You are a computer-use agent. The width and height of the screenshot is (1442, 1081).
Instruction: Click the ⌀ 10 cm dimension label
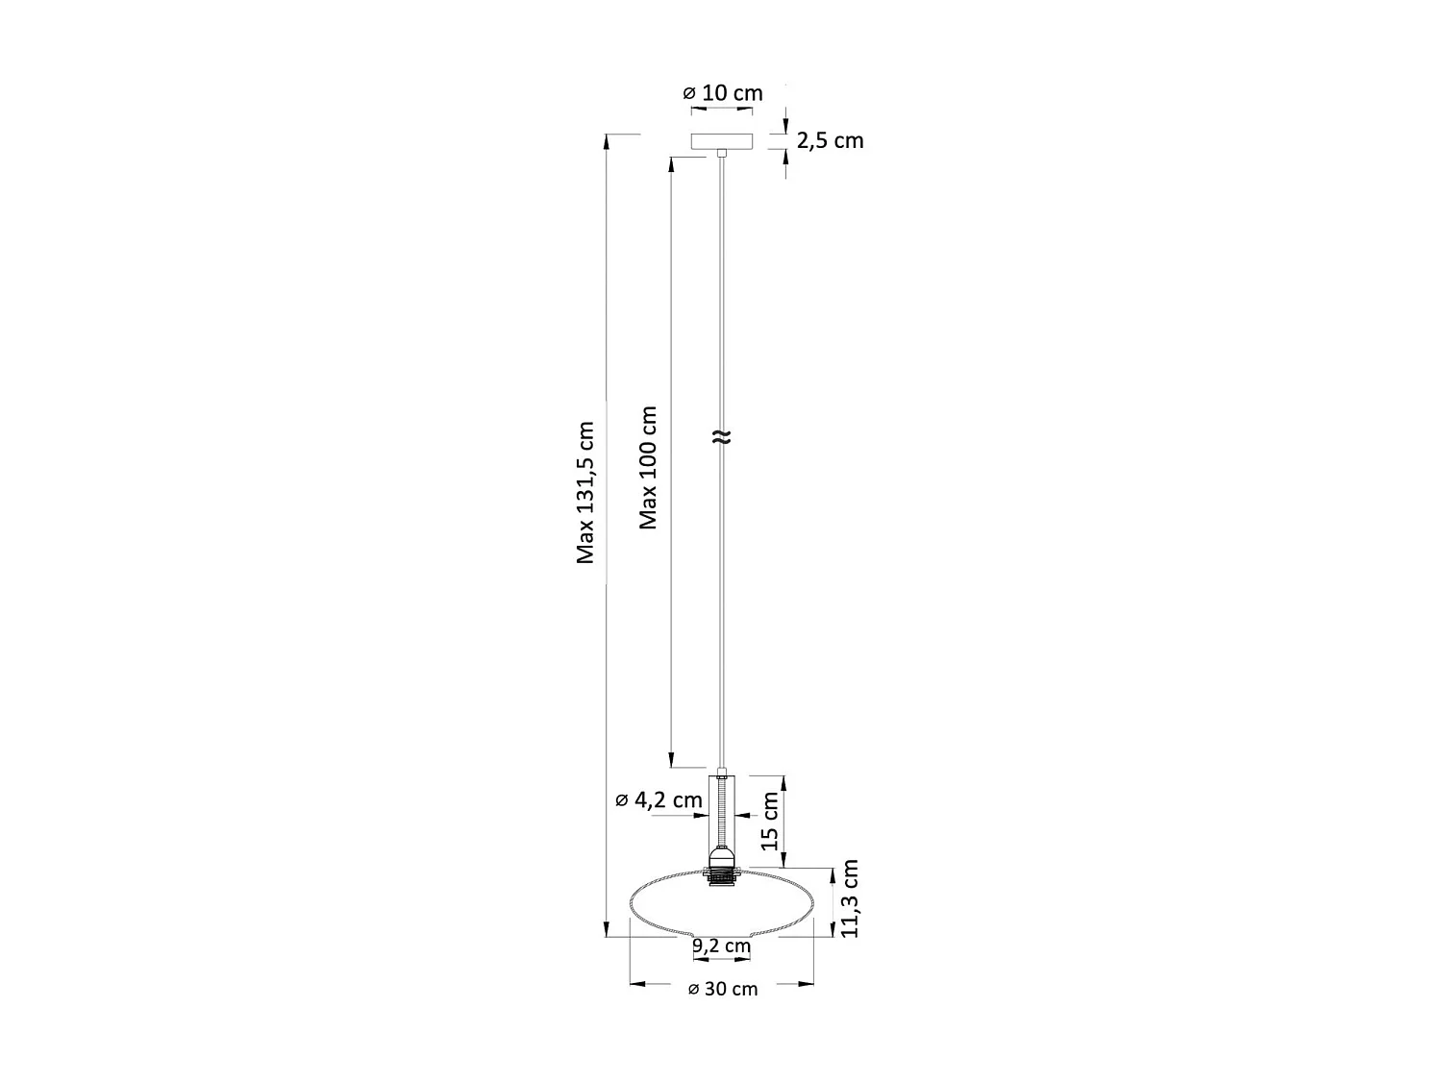[x=722, y=93]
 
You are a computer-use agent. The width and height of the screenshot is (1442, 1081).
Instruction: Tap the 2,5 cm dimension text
[x=830, y=140]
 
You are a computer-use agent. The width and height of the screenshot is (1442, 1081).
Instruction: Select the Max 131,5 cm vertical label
[x=585, y=492]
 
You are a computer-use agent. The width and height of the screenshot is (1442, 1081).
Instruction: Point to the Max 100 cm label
[x=649, y=467]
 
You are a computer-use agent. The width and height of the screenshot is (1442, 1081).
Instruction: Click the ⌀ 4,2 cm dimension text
[x=659, y=799]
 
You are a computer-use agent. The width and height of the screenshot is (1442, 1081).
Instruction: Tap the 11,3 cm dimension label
[x=849, y=898]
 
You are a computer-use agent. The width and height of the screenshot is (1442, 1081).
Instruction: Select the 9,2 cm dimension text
[x=721, y=946]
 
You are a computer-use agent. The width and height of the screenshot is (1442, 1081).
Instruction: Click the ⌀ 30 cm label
[x=723, y=990]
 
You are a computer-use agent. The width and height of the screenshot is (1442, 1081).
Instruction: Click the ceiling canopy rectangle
[x=722, y=141]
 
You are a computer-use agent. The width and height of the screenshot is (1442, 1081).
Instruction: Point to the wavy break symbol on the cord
[x=722, y=437]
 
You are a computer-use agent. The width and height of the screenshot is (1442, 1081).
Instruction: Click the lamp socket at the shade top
[x=722, y=870]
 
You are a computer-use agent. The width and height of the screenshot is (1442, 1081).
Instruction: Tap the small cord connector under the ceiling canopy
[x=722, y=153]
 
